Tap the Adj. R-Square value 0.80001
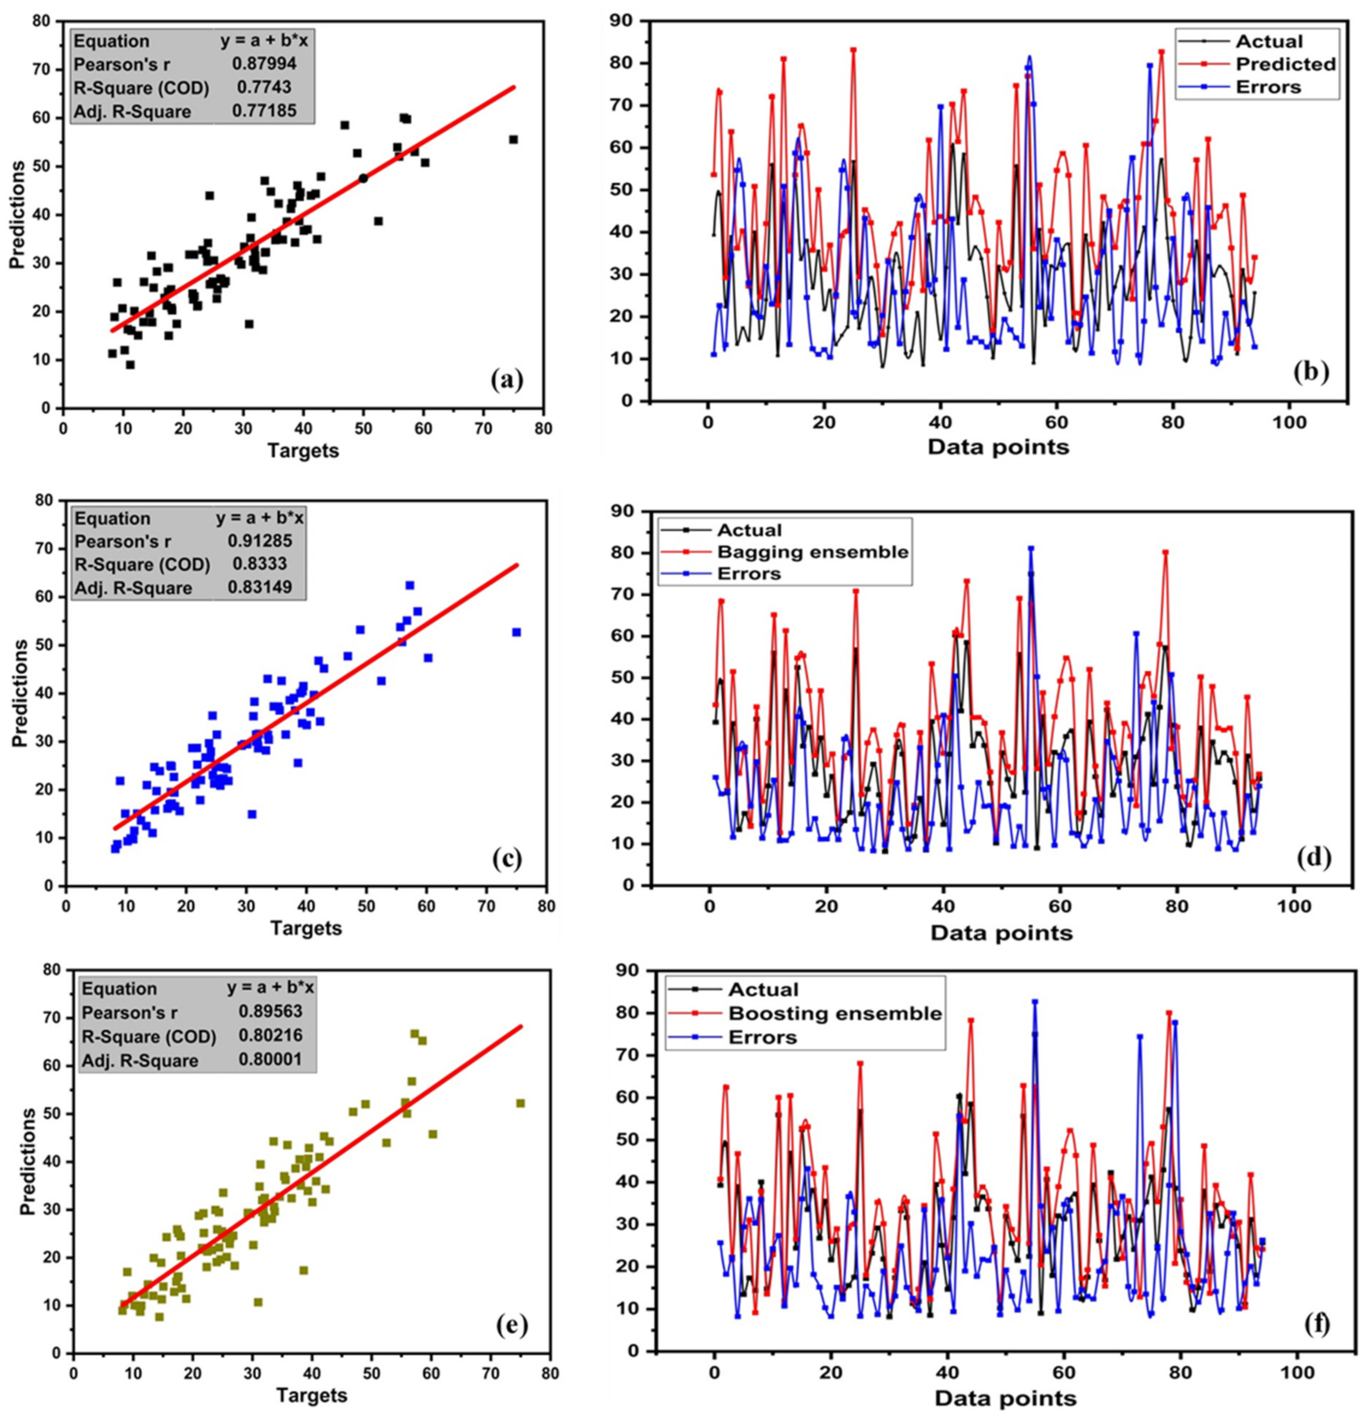(x=270, y=1061)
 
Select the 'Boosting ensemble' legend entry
(x=835, y=1014)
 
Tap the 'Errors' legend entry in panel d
(x=749, y=574)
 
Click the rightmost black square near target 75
(x=513, y=139)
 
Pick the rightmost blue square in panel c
(x=516, y=632)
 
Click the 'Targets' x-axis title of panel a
(x=303, y=451)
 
